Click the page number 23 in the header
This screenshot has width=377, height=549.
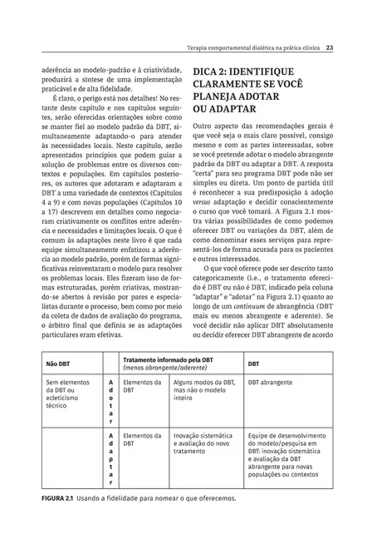click(x=330, y=47)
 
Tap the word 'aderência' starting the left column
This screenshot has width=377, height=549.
click(x=57, y=72)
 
